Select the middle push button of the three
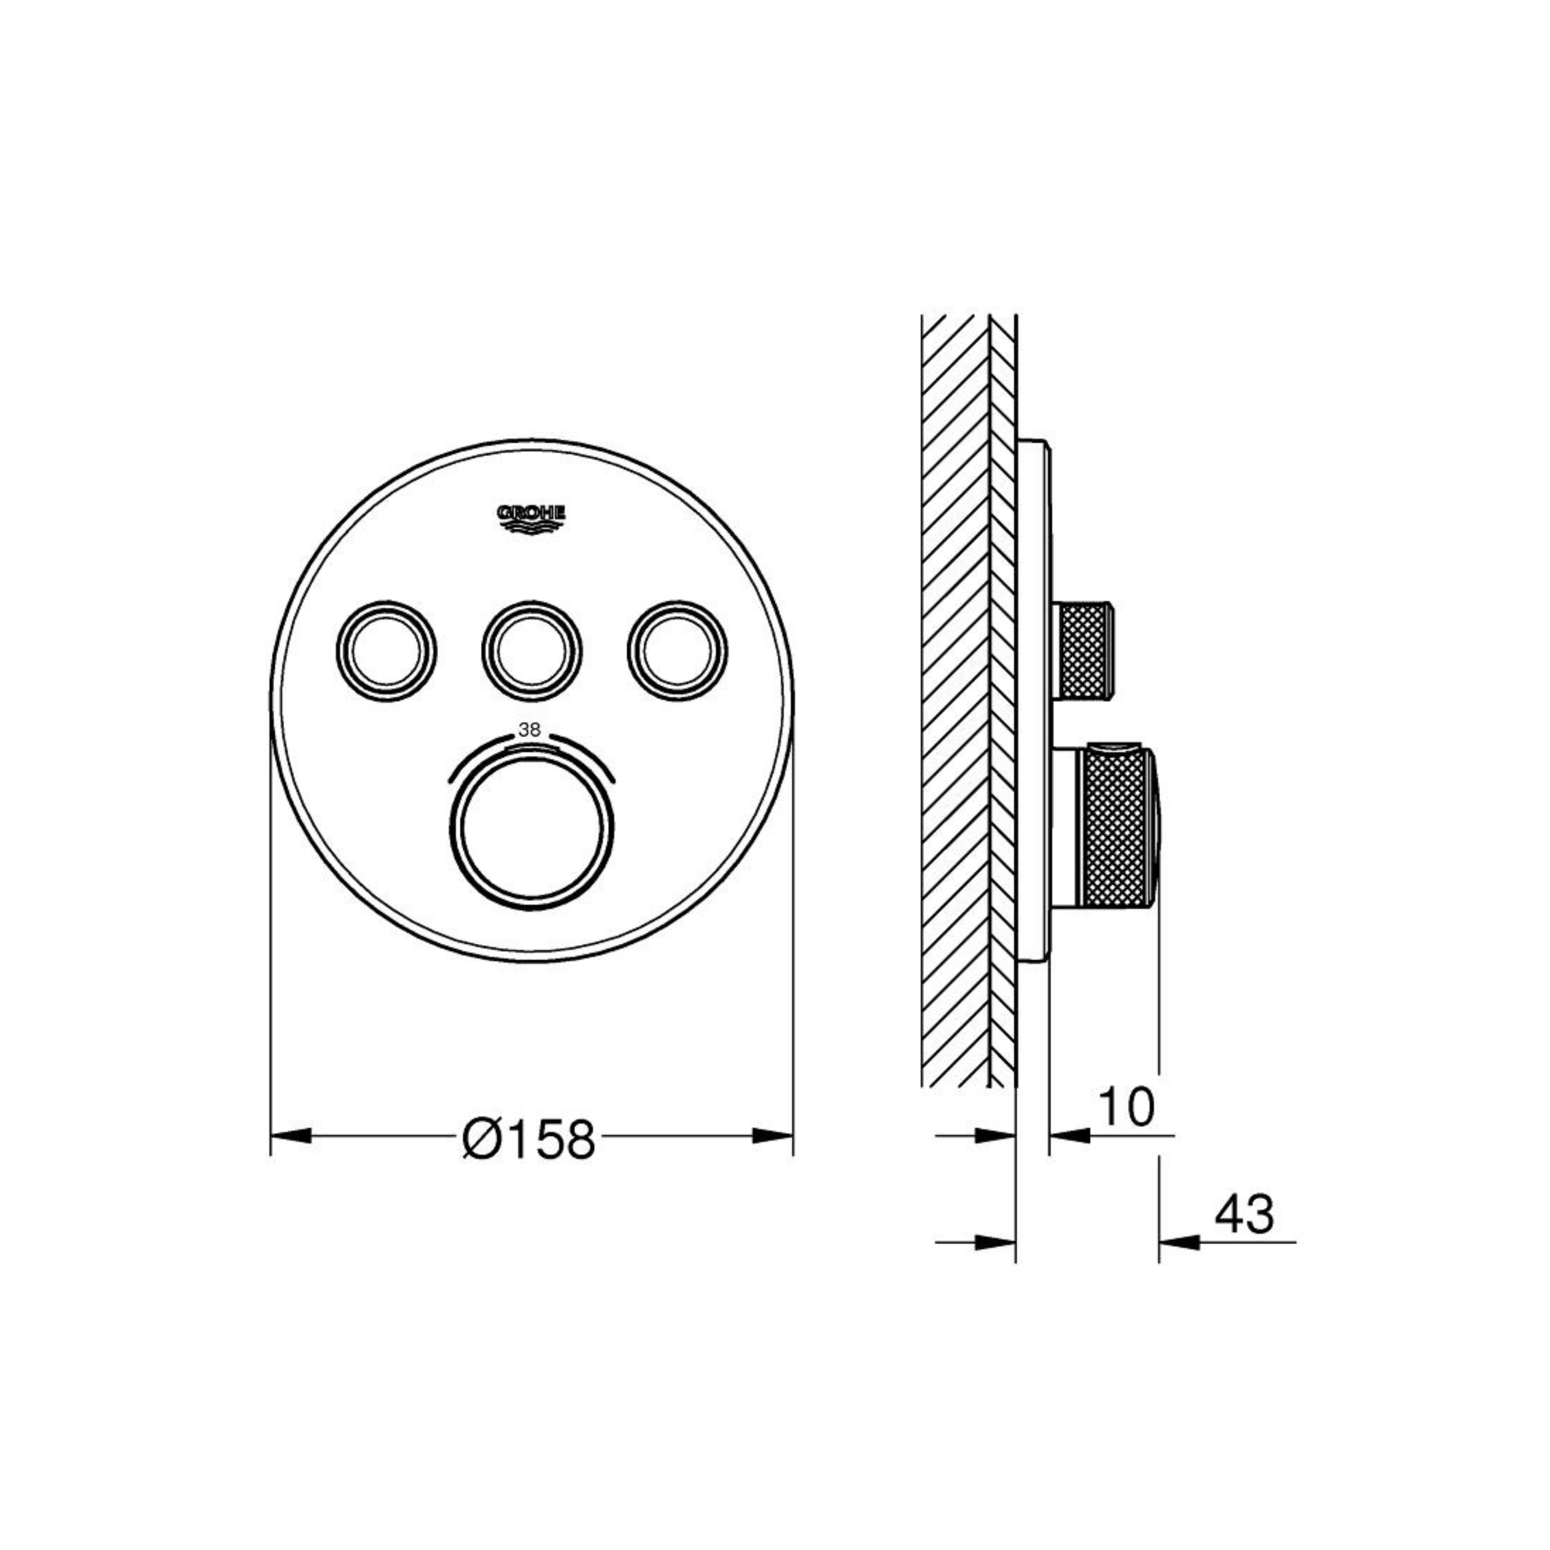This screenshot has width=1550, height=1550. click(x=532, y=648)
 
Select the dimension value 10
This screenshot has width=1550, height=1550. click(x=1126, y=1106)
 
